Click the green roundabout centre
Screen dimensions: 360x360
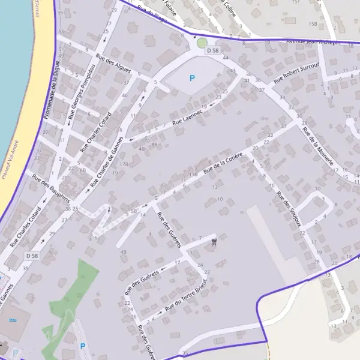(x=202, y=43)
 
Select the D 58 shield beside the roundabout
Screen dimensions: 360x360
(x=212, y=51)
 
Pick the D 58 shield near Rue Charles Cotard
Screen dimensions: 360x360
(x=32, y=256)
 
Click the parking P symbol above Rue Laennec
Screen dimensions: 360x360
(x=192, y=78)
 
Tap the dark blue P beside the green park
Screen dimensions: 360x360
(x=83, y=346)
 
